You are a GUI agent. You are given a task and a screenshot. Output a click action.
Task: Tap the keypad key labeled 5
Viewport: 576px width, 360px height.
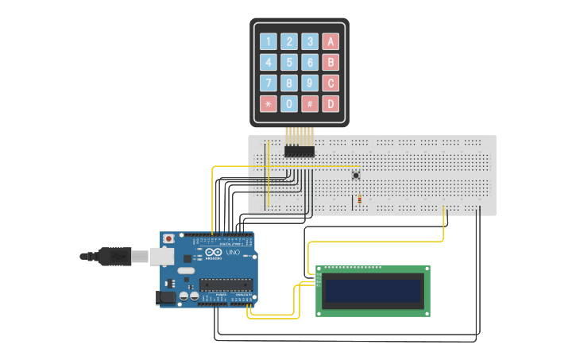click(x=289, y=62)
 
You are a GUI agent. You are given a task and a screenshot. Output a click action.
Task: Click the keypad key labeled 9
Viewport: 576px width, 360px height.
click(x=310, y=83)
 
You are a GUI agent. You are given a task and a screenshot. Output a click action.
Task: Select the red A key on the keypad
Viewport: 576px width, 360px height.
click(x=331, y=41)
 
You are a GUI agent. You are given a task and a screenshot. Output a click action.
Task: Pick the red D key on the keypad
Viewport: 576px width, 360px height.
click(x=331, y=103)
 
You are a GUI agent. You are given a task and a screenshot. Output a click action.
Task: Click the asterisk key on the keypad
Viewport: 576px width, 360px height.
click(x=269, y=103)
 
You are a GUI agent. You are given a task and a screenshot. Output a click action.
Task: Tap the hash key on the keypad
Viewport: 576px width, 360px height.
click(x=310, y=103)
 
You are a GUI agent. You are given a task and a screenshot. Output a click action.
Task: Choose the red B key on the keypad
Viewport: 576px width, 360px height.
click(x=331, y=62)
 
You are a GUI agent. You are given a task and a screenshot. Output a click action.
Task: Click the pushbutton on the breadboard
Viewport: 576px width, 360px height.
click(x=356, y=175)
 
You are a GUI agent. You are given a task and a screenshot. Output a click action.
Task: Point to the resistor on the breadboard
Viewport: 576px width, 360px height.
click(x=360, y=199)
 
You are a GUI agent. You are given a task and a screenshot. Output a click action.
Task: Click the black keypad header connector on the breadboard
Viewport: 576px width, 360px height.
click(x=300, y=151)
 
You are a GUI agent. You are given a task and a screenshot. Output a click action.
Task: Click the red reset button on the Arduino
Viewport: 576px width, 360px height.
click(x=168, y=238)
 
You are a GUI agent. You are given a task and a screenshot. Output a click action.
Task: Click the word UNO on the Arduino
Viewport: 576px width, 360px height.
click(x=233, y=253)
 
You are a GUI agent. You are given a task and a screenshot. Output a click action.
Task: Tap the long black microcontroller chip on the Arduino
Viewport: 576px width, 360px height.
click(x=226, y=285)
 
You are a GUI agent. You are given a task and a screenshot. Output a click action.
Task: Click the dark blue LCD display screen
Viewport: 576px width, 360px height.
click(x=373, y=292)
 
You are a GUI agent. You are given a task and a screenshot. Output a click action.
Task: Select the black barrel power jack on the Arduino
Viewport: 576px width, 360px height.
click(x=166, y=297)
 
